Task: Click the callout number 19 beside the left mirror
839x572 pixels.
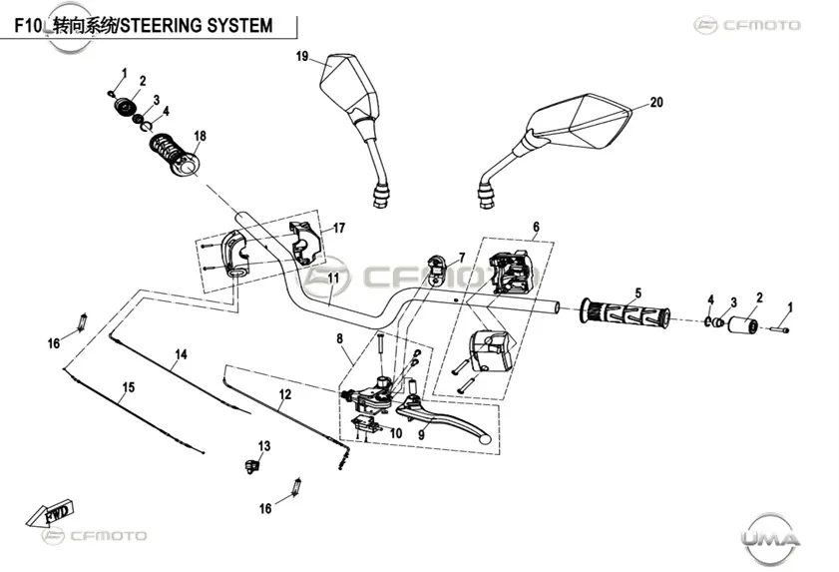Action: click(302, 56)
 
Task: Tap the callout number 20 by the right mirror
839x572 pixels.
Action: click(656, 102)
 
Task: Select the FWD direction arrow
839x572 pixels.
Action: click(50, 513)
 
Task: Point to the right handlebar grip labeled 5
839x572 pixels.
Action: click(624, 314)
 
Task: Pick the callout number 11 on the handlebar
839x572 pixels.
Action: click(334, 279)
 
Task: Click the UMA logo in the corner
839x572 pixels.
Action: click(771, 538)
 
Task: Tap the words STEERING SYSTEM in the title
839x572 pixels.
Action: click(197, 25)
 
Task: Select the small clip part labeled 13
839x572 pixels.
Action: click(251, 465)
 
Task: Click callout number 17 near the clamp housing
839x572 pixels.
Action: click(339, 229)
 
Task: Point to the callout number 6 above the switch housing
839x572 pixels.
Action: click(536, 227)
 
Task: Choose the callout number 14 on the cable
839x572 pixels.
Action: click(182, 354)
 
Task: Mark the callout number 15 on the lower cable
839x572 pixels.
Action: click(129, 386)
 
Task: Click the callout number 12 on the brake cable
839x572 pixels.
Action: click(285, 394)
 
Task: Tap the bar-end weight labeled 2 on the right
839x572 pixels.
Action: click(741, 325)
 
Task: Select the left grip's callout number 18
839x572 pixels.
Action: click(201, 136)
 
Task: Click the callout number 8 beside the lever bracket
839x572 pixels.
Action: click(340, 338)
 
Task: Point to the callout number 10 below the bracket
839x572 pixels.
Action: click(396, 433)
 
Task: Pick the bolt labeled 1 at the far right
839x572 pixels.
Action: click(780, 329)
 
